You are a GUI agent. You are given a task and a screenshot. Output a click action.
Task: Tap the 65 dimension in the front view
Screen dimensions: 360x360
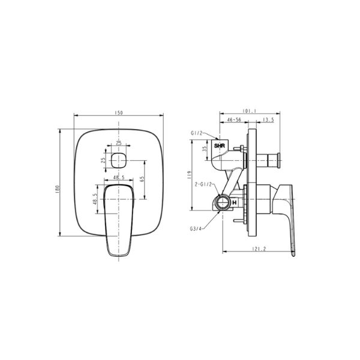(x=142, y=179)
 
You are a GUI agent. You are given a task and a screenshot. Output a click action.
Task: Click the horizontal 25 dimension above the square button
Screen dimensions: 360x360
(x=119, y=143)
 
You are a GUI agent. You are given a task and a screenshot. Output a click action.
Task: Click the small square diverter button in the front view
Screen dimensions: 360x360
(x=119, y=160)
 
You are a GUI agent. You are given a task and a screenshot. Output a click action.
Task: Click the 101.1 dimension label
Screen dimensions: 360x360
(x=250, y=111)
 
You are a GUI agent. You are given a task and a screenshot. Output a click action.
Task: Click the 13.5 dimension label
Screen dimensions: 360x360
(x=269, y=120)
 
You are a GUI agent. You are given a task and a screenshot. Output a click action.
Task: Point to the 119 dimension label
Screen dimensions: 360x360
(x=188, y=175)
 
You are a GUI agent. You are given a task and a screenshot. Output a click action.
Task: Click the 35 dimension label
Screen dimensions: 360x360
(x=204, y=148)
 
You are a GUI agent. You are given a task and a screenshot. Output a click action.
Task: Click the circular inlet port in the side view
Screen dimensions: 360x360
(x=222, y=202)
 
